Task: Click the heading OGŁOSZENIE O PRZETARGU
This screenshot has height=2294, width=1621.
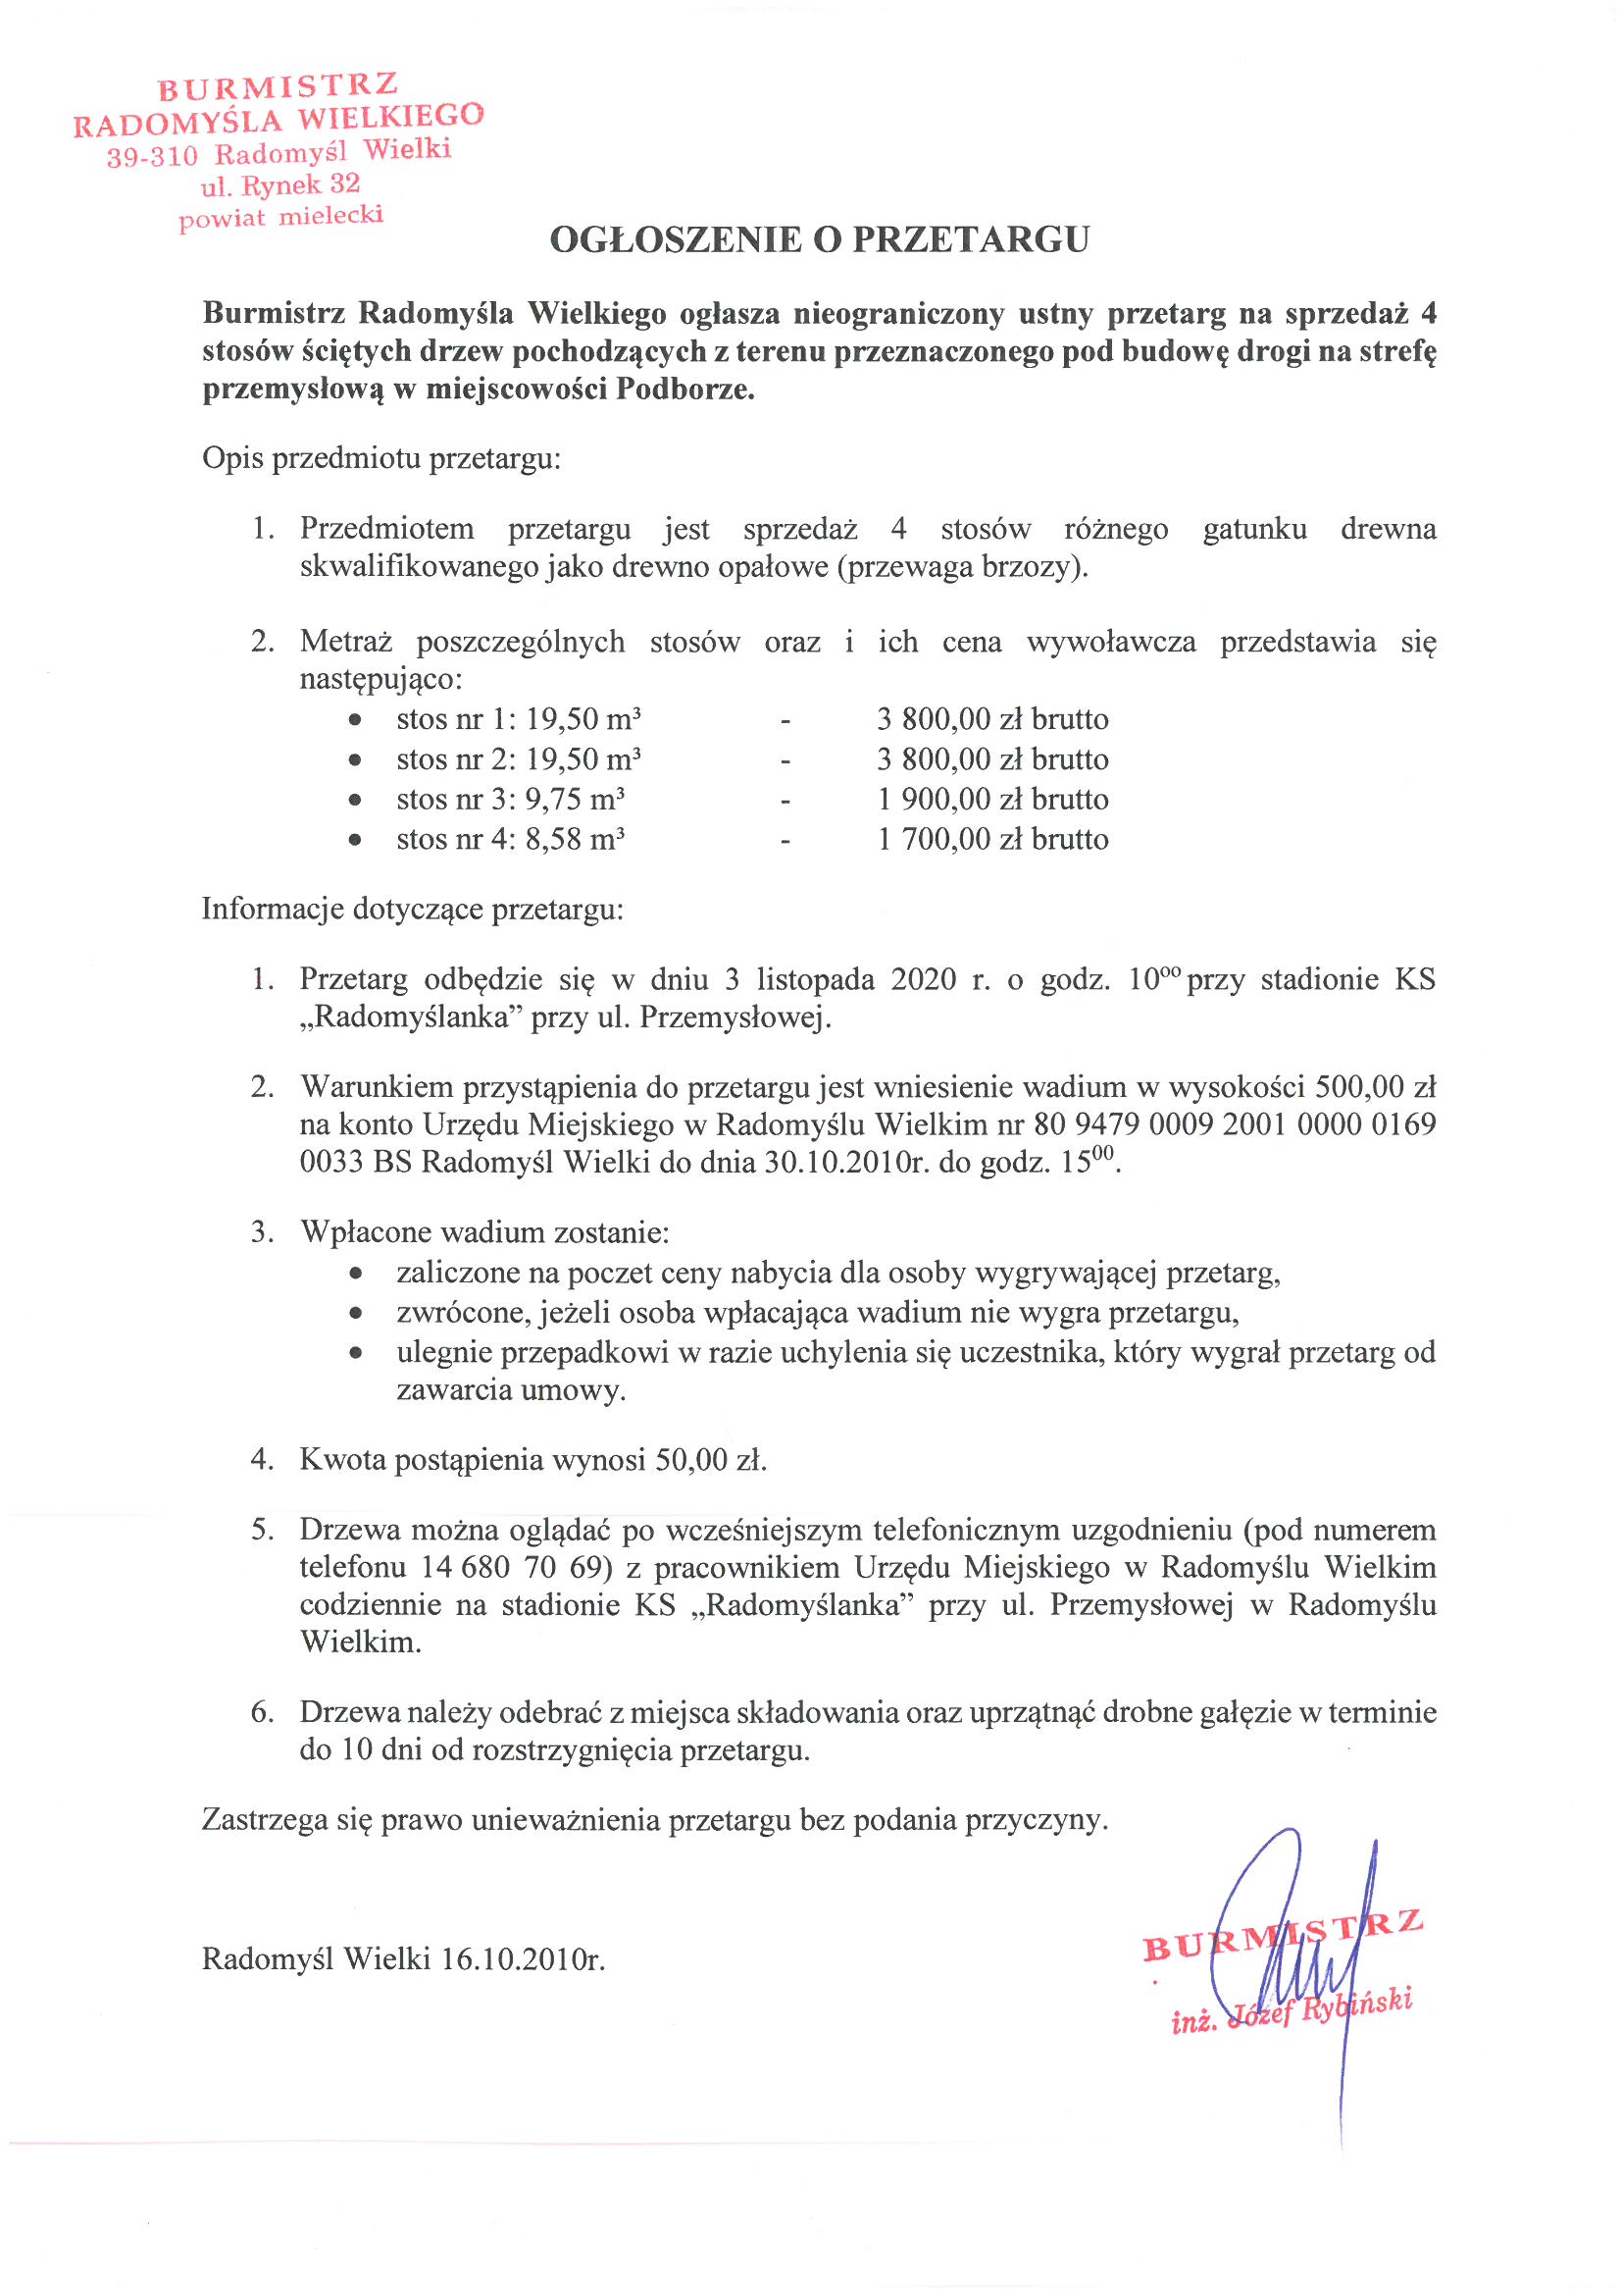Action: (819, 239)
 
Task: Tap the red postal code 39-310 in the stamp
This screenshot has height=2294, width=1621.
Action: (152, 157)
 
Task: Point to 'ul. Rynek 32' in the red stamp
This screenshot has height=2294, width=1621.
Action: (279, 184)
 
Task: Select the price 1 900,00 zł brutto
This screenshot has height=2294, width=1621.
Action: (992, 800)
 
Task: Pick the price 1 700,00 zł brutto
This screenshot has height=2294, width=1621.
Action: (992, 839)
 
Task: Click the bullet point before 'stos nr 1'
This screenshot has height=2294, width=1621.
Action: (355, 719)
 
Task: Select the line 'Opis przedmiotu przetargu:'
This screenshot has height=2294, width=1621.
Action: (381, 458)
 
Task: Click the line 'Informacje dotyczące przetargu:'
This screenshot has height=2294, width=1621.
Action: (413, 910)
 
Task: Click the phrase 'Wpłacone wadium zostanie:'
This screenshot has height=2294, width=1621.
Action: (484, 1232)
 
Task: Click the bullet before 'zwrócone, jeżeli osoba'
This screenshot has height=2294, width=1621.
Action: (355, 1312)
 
